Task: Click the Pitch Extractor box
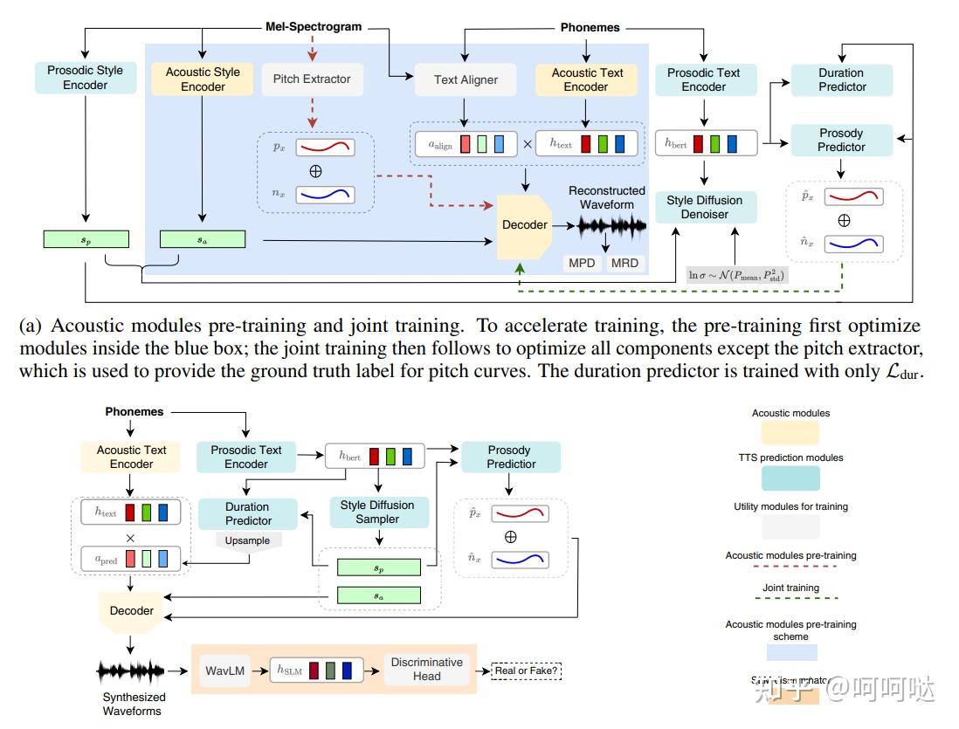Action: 312,79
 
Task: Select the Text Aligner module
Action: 466,79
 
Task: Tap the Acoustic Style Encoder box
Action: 203,79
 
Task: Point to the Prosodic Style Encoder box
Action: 86,78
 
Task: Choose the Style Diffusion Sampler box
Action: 378,512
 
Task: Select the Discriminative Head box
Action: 427,670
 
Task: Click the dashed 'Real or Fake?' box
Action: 527,671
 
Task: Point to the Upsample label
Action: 247,540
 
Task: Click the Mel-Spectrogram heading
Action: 314,26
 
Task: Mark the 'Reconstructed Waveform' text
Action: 607,197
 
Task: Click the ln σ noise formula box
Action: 736,275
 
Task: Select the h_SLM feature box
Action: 316,670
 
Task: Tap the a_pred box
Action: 131,558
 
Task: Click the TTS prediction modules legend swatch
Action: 790,478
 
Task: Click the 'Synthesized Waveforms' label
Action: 134,704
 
